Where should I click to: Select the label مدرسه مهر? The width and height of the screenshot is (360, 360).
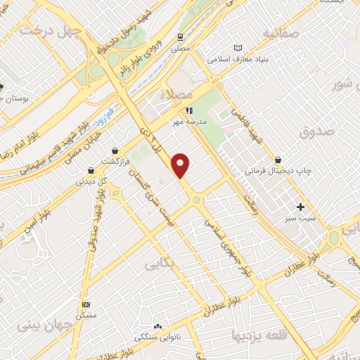coord(188,121)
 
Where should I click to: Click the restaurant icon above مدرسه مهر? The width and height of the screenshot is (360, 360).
coord(188,110)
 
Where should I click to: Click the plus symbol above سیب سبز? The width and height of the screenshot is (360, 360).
coord(301,207)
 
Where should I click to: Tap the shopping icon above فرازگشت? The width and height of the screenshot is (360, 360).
coord(115,150)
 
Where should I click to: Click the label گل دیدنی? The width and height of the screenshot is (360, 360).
coord(91,181)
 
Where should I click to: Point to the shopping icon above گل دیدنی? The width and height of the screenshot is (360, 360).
coord(91,169)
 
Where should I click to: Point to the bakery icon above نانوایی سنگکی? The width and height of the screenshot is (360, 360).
coord(157,327)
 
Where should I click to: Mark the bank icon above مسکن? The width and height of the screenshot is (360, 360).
coord(86,304)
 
